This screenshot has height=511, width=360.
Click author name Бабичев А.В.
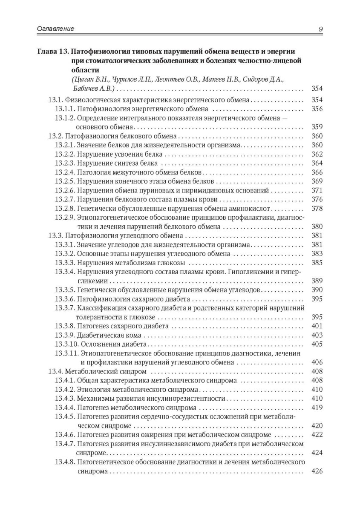tap(96, 89)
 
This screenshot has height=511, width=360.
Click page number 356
tap(317, 109)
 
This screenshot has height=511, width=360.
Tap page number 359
tap(317, 127)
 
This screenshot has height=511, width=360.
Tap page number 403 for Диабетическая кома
tap(317, 335)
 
